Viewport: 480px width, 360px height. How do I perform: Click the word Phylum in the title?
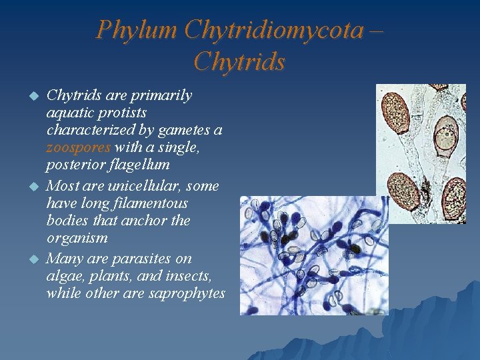click(x=136, y=30)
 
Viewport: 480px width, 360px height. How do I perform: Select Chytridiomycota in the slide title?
click(x=273, y=30)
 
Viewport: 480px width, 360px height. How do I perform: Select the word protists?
click(x=122, y=112)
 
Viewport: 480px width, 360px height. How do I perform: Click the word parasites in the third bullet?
click(x=141, y=259)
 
